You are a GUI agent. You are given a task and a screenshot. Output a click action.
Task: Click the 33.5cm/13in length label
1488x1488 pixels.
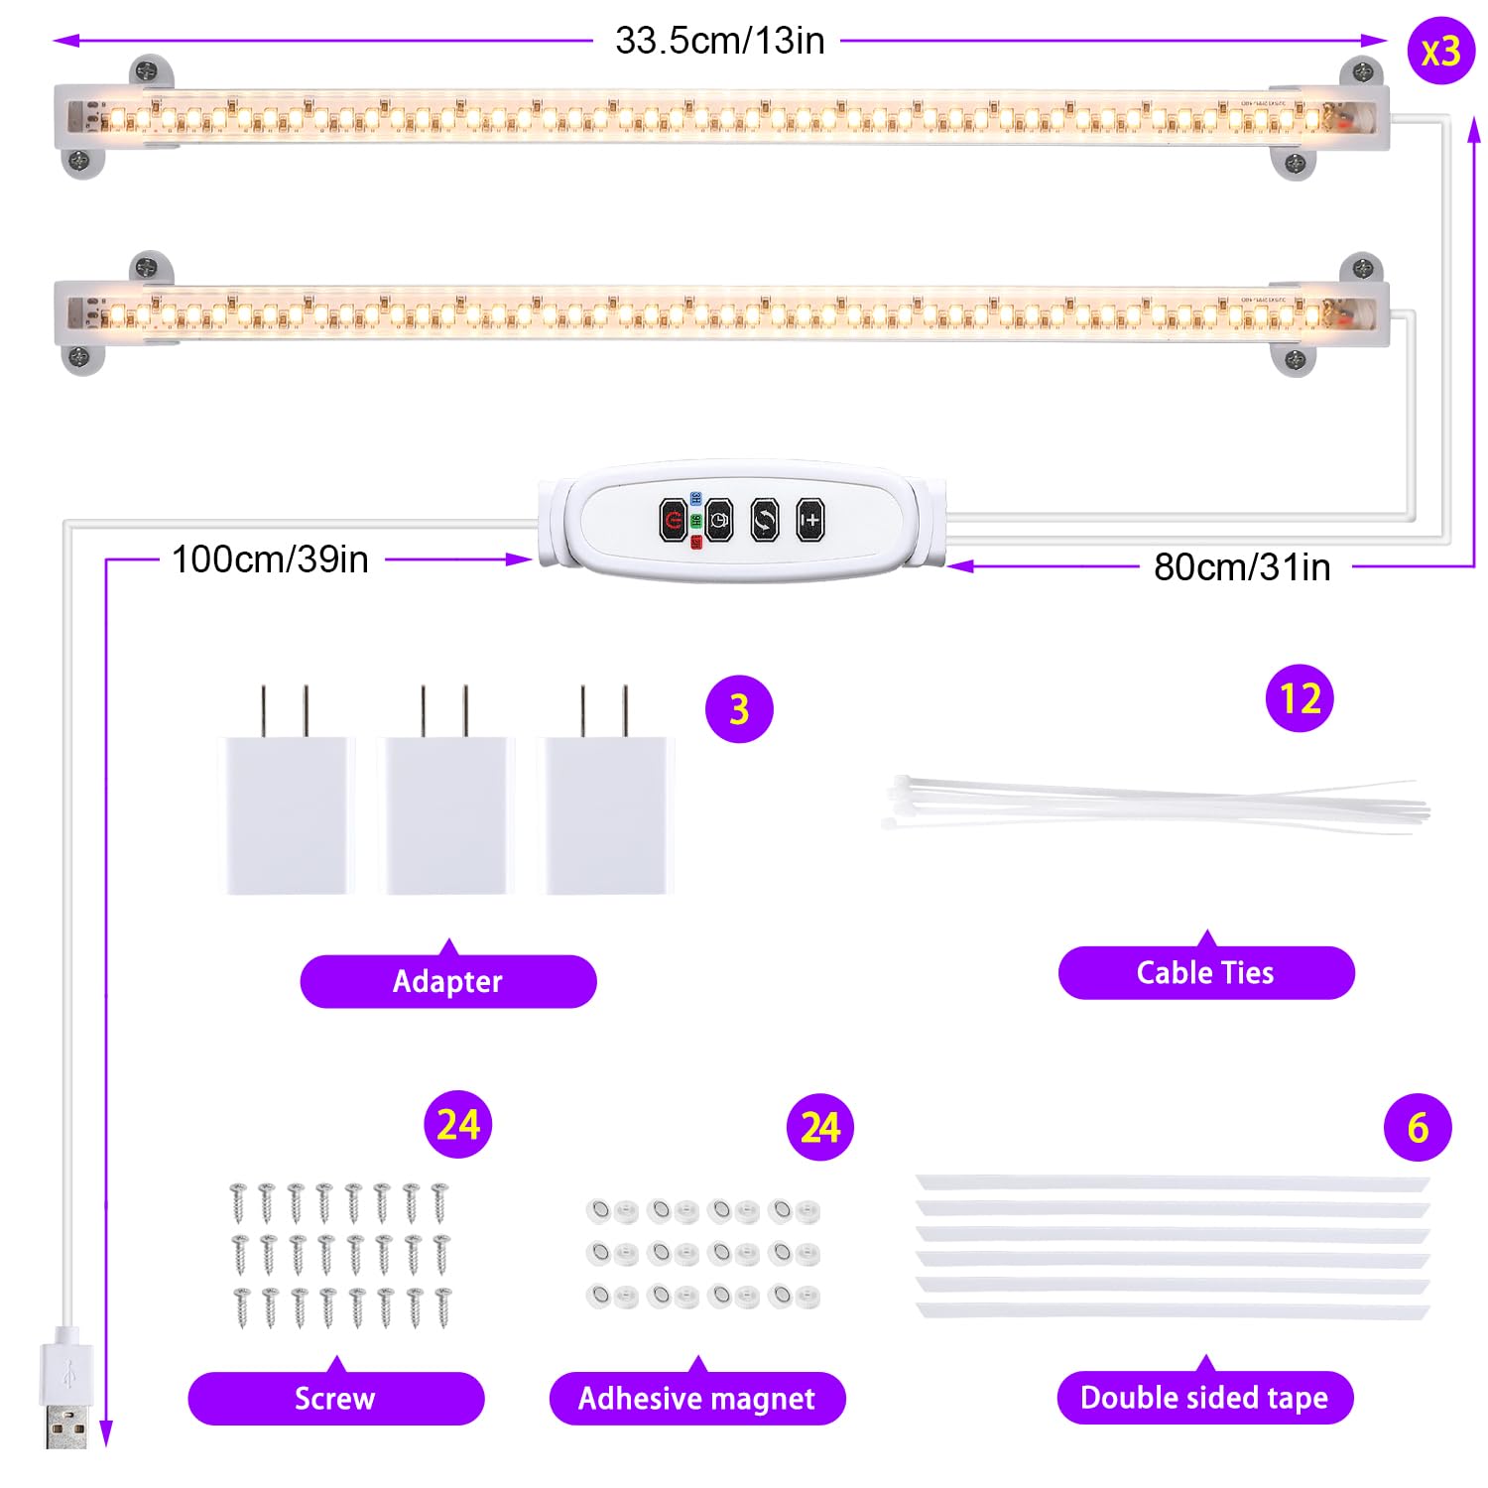[719, 41]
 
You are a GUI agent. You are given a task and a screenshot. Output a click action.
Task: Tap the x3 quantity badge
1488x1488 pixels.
[1440, 51]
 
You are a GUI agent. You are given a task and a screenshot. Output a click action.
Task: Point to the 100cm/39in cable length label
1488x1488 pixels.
[270, 559]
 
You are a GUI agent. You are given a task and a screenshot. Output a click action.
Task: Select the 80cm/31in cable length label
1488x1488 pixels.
[1242, 567]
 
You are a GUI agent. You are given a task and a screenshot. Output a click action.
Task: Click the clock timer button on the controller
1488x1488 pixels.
[719, 520]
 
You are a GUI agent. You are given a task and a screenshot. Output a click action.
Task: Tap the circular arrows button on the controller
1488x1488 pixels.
[765, 520]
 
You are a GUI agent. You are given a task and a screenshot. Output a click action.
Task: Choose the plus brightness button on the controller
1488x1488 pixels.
[810, 520]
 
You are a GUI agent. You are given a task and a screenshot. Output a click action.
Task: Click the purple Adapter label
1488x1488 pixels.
[448, 980]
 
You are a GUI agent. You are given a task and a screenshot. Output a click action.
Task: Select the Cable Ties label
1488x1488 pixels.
[1206, 972]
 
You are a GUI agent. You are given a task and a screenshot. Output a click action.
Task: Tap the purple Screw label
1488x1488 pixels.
[336, 1398]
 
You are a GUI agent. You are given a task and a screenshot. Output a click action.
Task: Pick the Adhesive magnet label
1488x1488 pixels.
[697, 1398]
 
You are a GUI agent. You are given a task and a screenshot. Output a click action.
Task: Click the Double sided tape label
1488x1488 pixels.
[1205, 1397]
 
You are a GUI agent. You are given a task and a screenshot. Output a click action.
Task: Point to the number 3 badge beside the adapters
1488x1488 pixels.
[739, 709]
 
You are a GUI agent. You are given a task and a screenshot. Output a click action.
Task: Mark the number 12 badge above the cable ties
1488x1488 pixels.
[1300, 698]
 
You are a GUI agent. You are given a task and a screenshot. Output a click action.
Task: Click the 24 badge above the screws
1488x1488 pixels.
[458, 1125]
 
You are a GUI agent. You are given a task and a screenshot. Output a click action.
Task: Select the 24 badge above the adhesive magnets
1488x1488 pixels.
[820, 1128]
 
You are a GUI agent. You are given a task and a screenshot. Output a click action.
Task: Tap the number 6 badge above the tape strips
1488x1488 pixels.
[1418, 1128]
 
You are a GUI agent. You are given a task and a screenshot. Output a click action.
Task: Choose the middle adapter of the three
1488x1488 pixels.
[445, 790]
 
